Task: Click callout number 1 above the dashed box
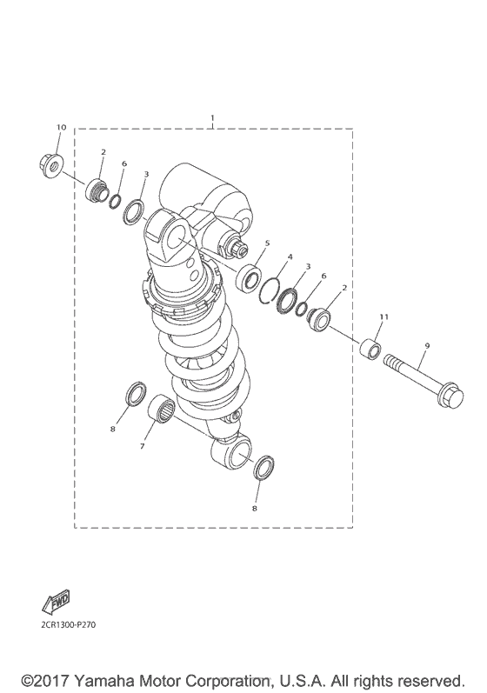[212, 117]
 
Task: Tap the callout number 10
[61, 128]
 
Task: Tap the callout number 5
[268, 243]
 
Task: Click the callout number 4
[290, 257]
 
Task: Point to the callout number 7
[142, 446]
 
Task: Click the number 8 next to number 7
[112, 429]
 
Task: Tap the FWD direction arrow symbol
[54, 602]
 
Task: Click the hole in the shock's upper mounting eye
[174, 237]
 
